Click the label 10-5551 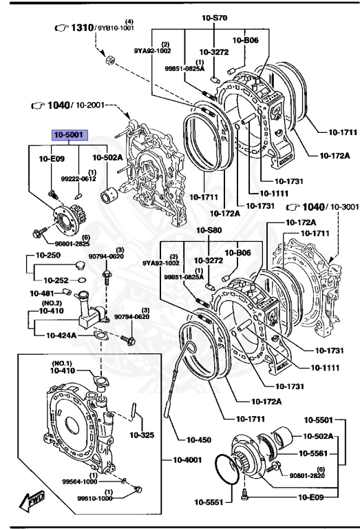click(x=214, y=502)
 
